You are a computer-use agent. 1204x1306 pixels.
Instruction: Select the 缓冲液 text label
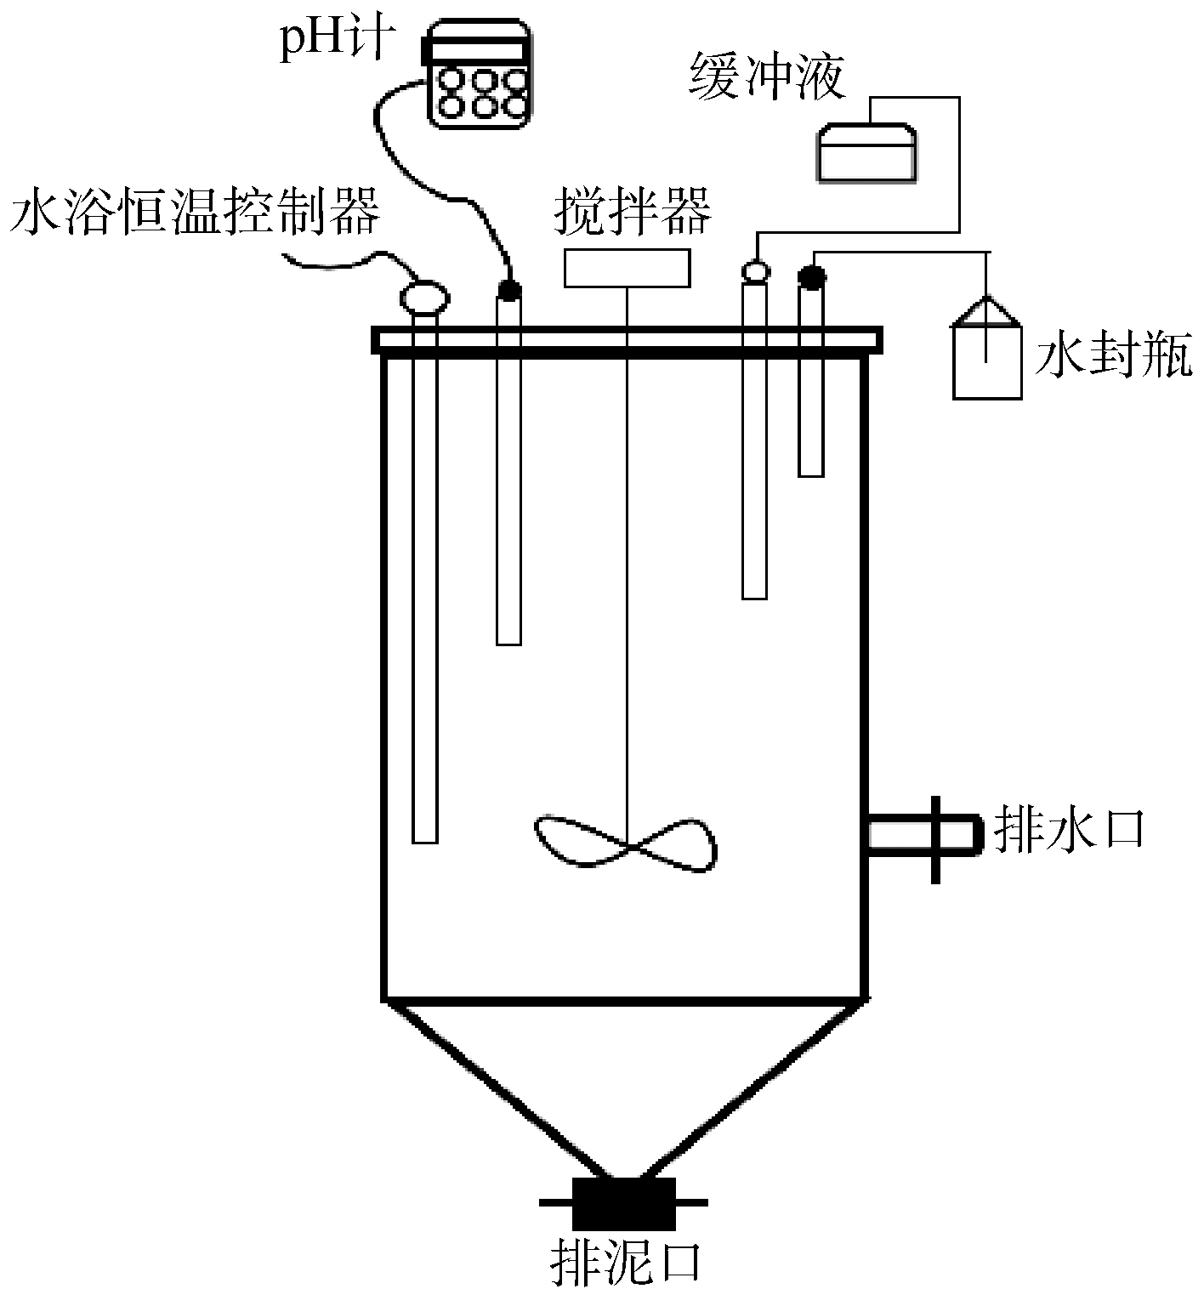tap(768, 77)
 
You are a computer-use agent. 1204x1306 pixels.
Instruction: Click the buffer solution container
tap(867, 153)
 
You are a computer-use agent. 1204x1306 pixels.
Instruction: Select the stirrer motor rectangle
tap(627, 268)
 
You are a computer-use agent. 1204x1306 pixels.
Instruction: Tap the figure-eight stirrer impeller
tap(625, 843)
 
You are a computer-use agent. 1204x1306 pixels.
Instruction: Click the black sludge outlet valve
tap(623, 1202)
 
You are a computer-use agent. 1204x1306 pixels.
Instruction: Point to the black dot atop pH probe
tap(508, 290)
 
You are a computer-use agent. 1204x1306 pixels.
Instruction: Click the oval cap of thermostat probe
tap(423, 298)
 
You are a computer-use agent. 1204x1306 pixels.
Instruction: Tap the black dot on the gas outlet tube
tap(811, 275)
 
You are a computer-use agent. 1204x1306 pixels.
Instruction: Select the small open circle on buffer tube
tap(754, 271)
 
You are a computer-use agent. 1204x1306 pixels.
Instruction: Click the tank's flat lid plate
tap(627, 340)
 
